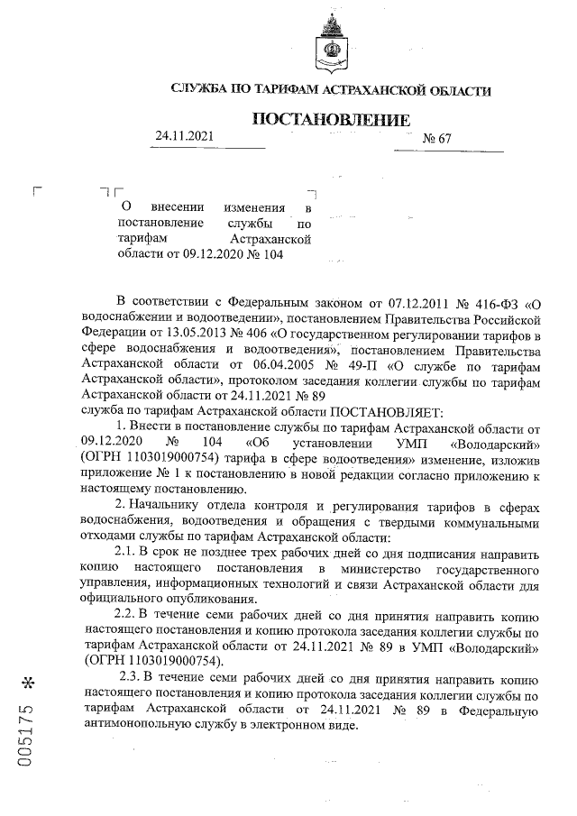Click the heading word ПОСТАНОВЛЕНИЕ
[x=330, y=120]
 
